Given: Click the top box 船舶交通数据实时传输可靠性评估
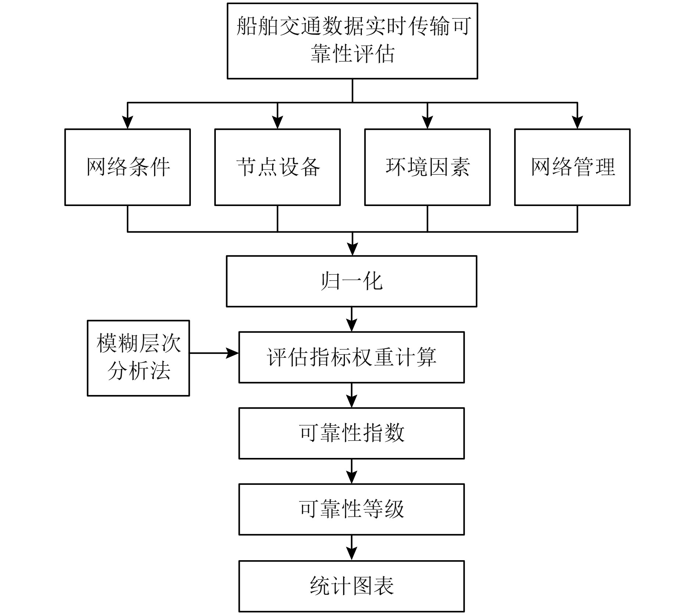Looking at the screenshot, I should pos(352,41).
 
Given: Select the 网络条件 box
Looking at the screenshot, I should pos(128,167).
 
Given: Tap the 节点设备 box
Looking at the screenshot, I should pos(277,167).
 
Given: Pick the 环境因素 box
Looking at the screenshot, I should pos(427,167).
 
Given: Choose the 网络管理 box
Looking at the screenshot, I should pos(572,167).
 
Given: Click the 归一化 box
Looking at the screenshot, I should pos(352,281).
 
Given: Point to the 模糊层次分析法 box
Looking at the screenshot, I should pos(138,358).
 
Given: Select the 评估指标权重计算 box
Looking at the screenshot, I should pos(352,357).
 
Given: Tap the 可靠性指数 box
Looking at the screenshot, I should pos(352,433).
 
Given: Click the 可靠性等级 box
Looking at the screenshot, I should pos(352,509).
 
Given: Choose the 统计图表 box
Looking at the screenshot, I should pos(352,586).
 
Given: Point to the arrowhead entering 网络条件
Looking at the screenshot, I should pos(128,122).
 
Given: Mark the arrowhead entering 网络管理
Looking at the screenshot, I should pos(577,122).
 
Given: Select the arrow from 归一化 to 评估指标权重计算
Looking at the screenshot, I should pos(352,319).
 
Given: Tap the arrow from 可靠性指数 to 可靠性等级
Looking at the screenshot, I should pos(352,471).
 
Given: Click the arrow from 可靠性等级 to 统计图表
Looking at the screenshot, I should pos(352,548).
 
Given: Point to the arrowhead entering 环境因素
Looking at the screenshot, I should pos(427,122).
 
